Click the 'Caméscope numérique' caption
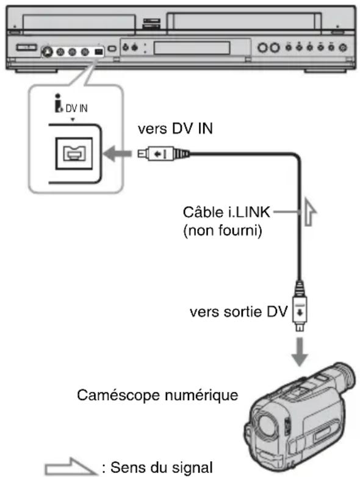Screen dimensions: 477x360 (x=157, y=396)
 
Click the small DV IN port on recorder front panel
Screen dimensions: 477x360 (x=99, y=51)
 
